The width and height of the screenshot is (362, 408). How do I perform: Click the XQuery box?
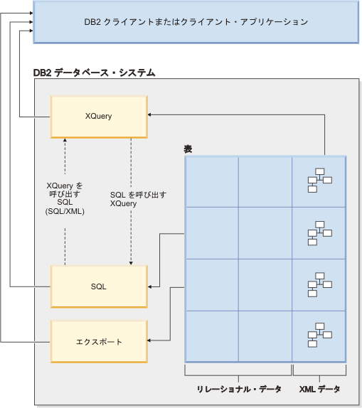point(98,115)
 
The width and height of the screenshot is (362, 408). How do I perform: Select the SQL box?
point(98,286)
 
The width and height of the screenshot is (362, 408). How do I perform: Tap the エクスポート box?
point(98,341)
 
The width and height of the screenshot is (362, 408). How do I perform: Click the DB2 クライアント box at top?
point(196,22)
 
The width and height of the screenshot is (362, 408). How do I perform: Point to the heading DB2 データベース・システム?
point(94,73)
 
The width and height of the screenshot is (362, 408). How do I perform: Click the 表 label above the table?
point(188,149)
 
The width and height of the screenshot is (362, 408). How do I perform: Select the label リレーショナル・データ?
point(239,389)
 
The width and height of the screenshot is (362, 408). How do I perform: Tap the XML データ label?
point(319,389)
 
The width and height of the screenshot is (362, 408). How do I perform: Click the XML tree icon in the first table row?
point(316,181)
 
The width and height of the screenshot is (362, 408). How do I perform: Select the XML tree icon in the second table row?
point(316,232)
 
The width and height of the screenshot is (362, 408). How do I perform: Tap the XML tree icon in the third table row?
point(316,284)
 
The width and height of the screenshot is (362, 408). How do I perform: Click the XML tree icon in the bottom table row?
point(316,336)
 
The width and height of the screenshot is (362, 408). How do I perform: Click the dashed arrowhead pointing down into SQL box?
point(131,262)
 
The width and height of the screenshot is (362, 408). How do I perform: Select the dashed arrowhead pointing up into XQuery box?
point(65,140)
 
